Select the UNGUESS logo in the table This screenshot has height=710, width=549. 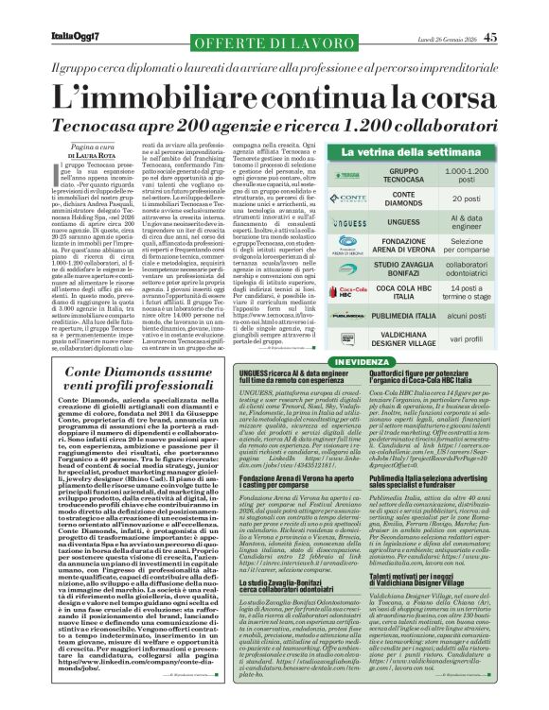click(x=348, y=222)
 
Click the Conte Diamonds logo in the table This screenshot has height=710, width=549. click(x=348, y=199)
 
